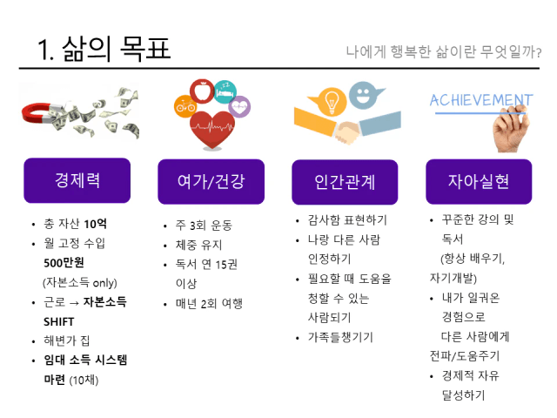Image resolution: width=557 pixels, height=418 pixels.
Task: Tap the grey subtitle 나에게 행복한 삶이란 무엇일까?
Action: pos(444,52)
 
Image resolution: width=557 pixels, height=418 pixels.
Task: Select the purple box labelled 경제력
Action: pos(77,180)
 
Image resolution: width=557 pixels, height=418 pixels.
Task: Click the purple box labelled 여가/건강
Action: pos(211,182)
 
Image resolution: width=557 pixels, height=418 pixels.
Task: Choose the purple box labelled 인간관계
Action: pos(345,182)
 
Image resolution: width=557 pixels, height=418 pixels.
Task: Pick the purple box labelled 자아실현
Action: pos(479,182)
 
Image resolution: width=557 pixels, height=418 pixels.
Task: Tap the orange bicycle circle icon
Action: pos(185,106)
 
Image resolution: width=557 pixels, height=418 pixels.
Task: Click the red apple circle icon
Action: pos(202,91)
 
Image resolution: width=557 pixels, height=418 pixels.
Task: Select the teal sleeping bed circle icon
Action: pos(225,92)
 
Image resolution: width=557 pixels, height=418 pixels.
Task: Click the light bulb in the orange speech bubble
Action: pos(332,101)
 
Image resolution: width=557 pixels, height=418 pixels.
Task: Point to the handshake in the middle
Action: pos(347,131)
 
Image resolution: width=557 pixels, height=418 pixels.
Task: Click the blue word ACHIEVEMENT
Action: pos(481,100)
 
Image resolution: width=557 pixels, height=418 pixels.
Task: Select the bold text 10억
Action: pos(95,224)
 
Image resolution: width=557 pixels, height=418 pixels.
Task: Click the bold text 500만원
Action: pos(64,263)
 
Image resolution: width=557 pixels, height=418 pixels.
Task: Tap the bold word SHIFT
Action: pos(59,321)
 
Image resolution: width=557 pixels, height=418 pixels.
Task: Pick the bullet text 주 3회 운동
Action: pos(204,225)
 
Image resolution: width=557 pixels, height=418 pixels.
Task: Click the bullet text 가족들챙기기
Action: pos(340,337)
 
